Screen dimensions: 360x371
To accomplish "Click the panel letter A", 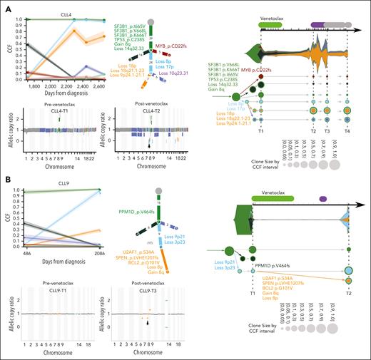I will (x=4, y=4).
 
